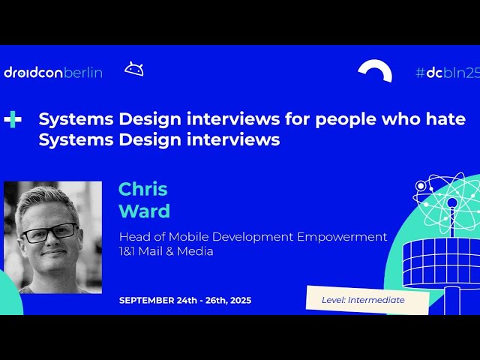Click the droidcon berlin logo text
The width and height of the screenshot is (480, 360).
[x=52, y=73]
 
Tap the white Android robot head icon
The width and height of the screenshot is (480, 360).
[x=134, y=70]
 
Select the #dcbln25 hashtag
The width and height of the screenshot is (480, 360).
[x=447, y=73]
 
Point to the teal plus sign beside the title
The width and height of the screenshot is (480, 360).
[x=13, y=119]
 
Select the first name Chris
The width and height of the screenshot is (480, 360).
[x=142, y=189]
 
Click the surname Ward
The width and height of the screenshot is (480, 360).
[x=144, y=211]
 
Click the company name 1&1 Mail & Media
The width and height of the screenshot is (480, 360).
[x=166, y=251]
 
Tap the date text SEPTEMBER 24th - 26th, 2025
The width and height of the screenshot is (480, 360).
[x=185, y=301]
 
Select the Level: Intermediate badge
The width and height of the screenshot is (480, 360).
[x=367, y=300]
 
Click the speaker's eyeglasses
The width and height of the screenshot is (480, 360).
[x=49, y=232]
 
